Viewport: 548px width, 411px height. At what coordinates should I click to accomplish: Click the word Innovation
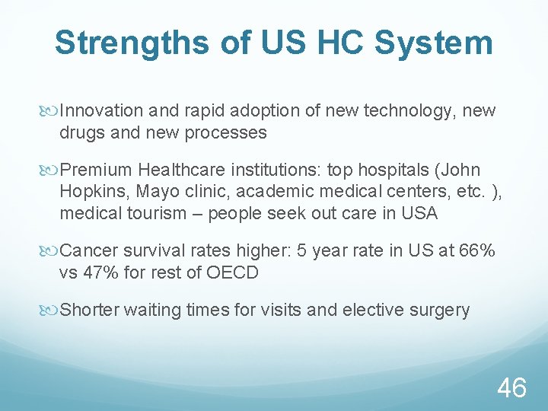click(x=101, y=111)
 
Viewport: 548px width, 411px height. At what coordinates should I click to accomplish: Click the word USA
click(x=420, y=213)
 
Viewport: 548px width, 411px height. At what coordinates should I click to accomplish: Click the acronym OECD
click(x=232, y=272)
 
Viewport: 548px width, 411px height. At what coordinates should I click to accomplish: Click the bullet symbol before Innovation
click(x=52, y=112)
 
